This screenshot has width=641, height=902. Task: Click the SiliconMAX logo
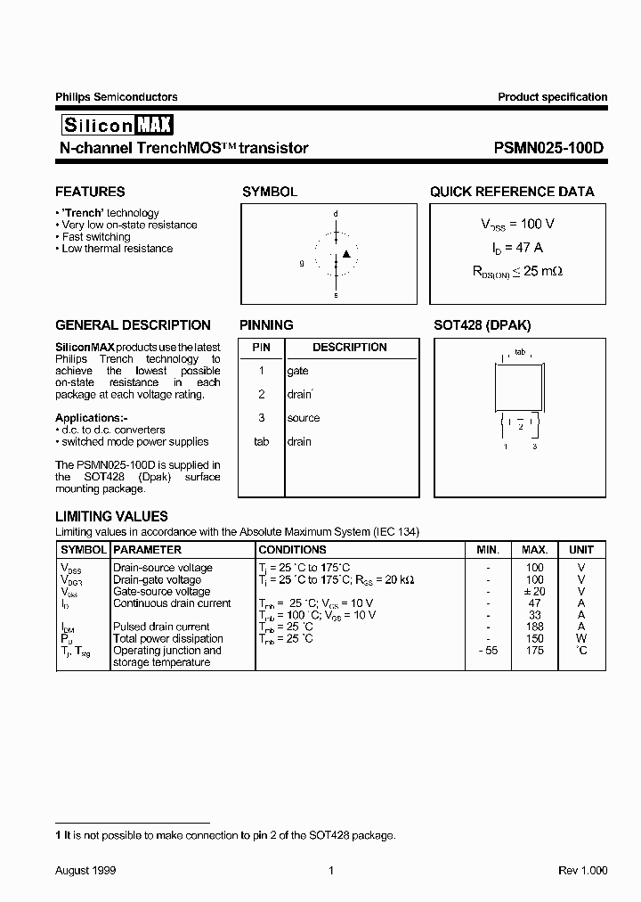115,125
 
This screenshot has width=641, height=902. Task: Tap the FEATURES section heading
90,192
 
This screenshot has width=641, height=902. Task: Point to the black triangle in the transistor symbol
347,255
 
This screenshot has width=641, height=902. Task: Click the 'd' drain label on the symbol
336,215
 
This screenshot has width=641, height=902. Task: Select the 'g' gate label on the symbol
302,263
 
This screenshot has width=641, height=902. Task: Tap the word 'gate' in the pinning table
297,371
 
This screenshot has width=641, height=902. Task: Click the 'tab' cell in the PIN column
261,441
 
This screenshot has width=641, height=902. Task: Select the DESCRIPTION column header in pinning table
349,347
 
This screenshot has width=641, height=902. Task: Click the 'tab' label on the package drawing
520,352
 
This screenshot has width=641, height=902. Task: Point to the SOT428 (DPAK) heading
482,325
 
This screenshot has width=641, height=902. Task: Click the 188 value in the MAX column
534,627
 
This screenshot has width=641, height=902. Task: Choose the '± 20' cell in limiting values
534,591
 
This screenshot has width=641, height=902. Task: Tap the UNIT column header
581,550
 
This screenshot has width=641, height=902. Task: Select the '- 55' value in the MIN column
487,651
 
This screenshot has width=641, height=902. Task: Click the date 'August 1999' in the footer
85,871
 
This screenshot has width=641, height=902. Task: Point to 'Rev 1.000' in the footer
582,871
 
